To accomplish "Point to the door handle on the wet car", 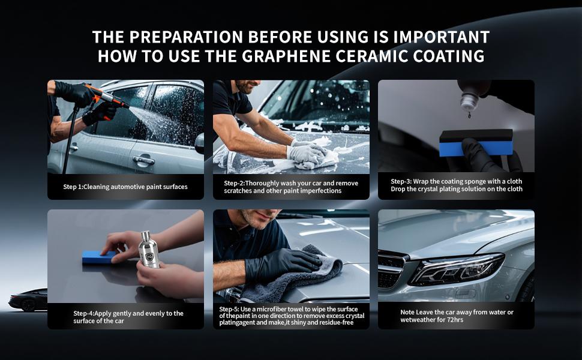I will point(143,160).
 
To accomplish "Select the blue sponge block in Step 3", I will point(476,143).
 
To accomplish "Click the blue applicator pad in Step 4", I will point(99,257).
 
